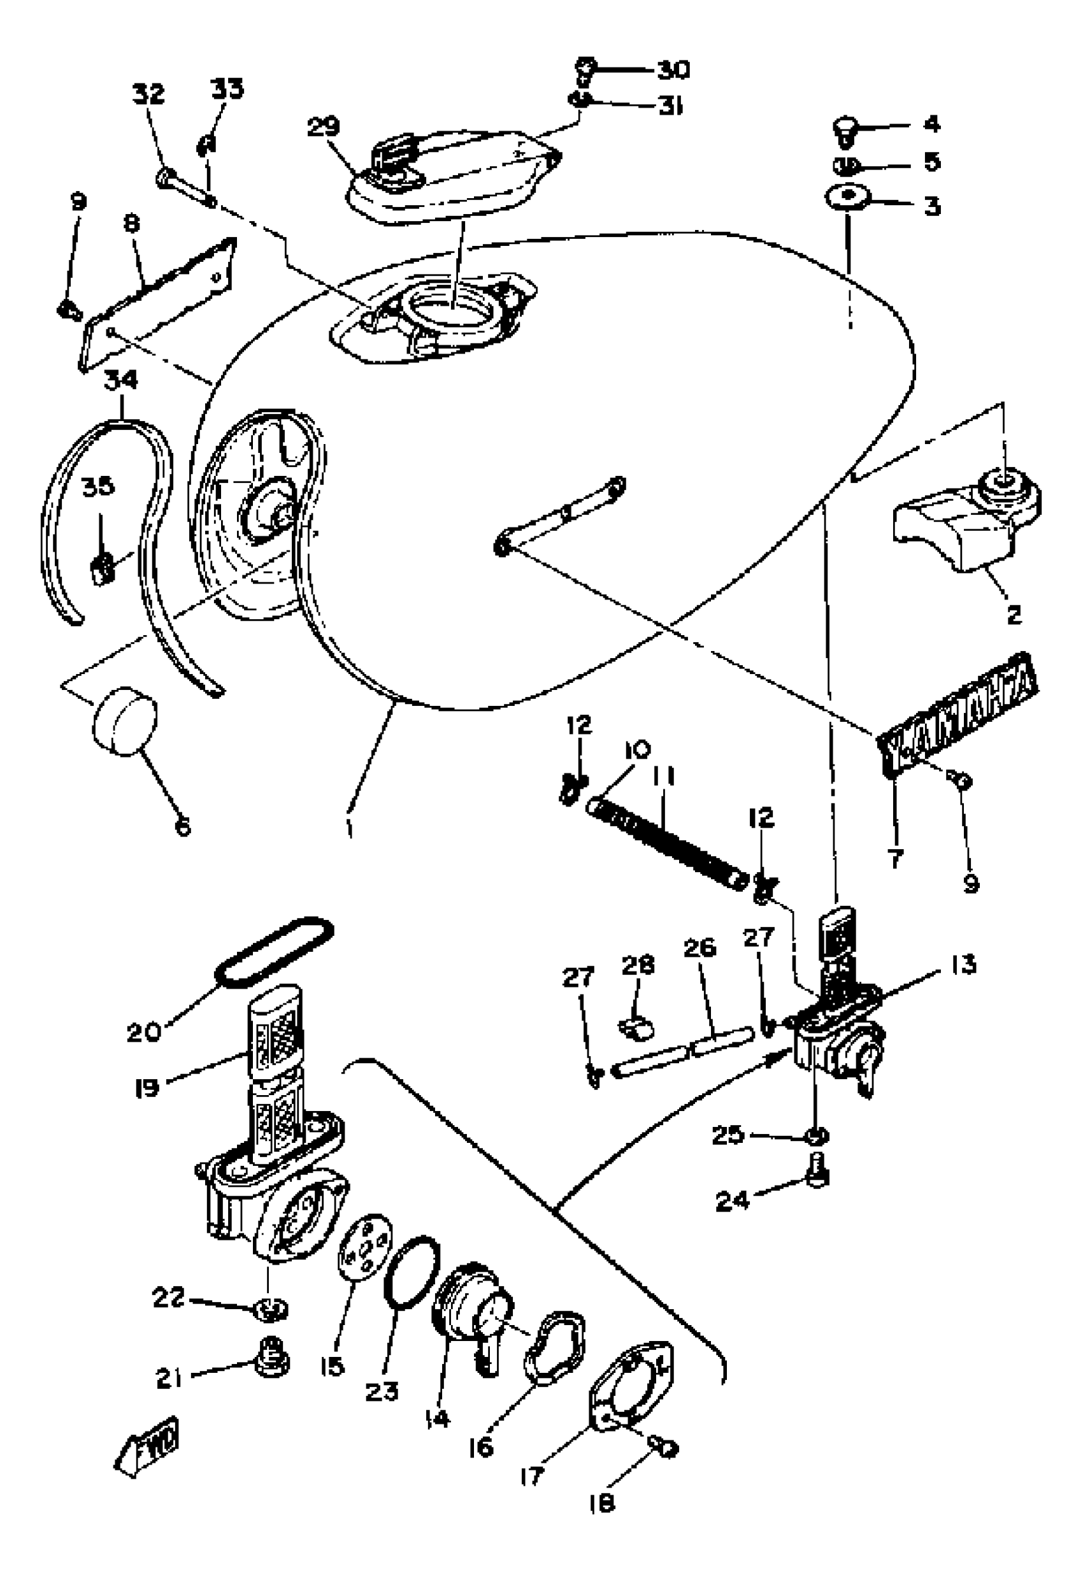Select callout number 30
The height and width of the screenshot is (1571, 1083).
(x=673, y=69)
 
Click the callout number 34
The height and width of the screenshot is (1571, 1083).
(x=121, y=380)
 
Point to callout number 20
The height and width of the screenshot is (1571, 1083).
(x=144, y=1032)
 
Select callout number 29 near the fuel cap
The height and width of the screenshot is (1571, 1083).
(x=323, y=127)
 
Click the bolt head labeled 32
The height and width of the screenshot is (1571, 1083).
(x=164, y=178)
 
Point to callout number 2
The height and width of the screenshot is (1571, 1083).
(x=1012, y=615)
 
